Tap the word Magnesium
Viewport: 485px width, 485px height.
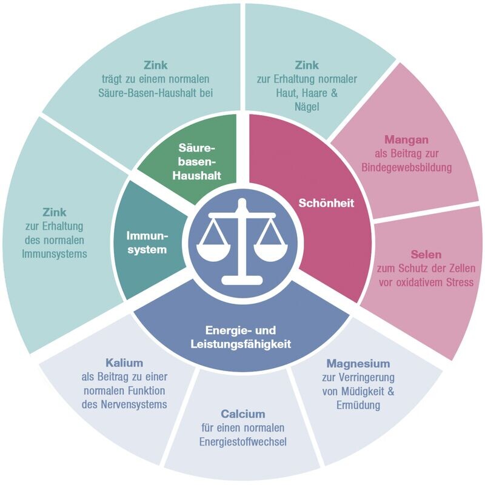[358, 364]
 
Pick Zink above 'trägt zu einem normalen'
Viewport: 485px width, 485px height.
[156, 65]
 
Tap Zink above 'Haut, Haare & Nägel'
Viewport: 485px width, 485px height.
[307, 65]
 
